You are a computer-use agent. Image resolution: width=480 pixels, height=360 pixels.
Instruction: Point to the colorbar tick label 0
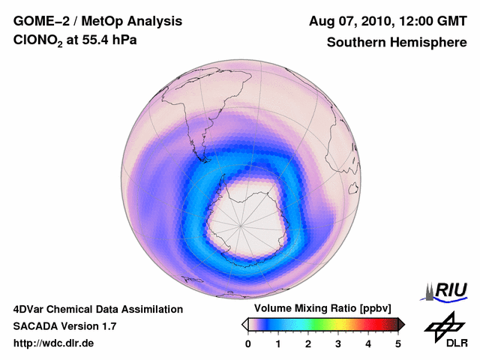click(248, 343)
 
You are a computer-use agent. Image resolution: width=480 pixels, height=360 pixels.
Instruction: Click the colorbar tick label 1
click(278, 343)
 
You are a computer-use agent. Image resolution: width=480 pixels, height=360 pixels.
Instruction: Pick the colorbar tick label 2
click(308, 343)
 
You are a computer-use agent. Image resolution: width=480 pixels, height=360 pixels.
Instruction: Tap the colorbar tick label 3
click(338, 343)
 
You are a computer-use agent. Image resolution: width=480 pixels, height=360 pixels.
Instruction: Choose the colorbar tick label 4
click(368, 343)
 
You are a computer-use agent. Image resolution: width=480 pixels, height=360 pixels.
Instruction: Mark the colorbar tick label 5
click(398, 343)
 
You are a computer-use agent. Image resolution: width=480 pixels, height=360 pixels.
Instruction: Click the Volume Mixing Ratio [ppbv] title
click(319, 309)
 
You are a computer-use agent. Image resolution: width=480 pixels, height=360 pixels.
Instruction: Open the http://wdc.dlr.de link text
click(53, 343)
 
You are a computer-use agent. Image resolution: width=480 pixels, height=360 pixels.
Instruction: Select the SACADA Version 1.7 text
click(64, 326)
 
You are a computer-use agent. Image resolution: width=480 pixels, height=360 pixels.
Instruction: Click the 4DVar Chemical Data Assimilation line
click(97, 309)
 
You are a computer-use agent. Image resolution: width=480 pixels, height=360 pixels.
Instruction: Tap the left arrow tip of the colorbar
click(244, 324)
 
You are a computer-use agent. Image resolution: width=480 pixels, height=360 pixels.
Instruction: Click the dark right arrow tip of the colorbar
click(402, 324)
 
